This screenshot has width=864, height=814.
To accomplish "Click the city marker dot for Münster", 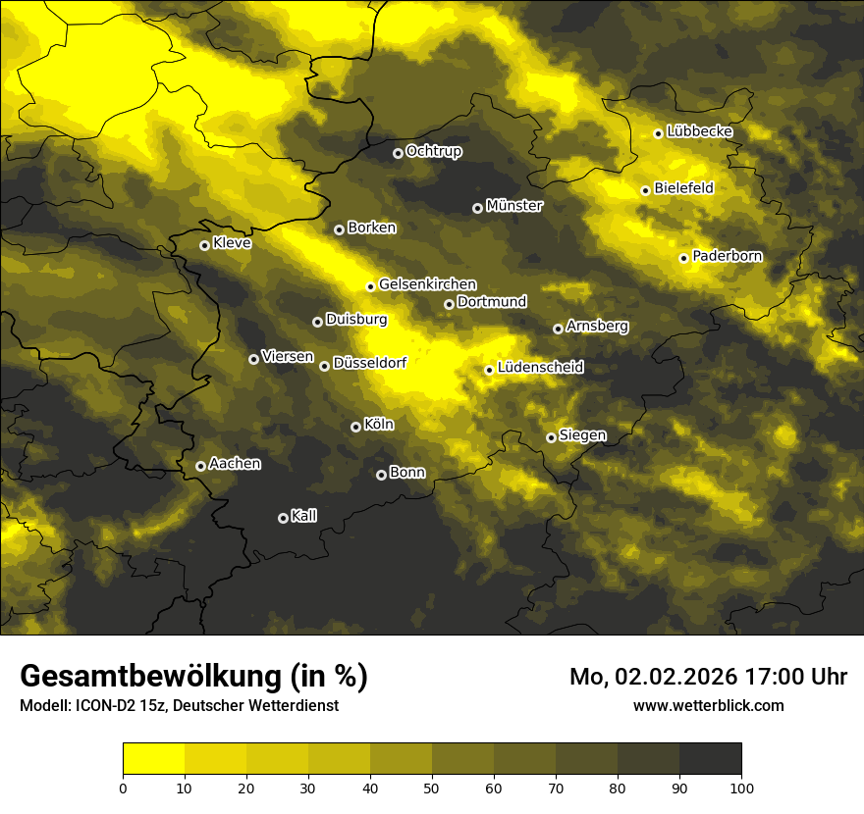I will coord(478,208).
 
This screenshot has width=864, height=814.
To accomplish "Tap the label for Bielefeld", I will coord(683,188).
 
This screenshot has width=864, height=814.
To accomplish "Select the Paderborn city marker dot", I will coord(684,258).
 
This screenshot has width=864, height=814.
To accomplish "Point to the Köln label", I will coord(379,425).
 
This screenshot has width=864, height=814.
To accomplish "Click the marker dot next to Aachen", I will coord(200,466).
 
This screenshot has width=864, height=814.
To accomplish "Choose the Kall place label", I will coord(304,516).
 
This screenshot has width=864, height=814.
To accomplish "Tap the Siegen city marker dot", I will coord(551,437).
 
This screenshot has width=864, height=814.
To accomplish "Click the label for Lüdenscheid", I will coord(541,368).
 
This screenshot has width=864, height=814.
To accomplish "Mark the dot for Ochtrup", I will coord(398,153).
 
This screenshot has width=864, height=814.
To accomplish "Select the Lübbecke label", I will coord(699,131).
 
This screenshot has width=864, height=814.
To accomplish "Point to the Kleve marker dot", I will coord(204,245).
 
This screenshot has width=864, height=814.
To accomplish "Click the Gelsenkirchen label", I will coord(427,284).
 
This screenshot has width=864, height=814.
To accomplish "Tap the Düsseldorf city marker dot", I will coord(324,366).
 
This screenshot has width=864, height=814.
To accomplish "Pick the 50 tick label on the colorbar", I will coord(432,788).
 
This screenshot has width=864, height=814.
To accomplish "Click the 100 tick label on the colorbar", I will coord(741,788).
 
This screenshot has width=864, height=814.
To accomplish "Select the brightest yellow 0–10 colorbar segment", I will coord(154,758).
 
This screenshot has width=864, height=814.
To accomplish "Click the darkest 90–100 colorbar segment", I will coord(710,758).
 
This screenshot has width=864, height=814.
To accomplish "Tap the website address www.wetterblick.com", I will coord(708,705).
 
